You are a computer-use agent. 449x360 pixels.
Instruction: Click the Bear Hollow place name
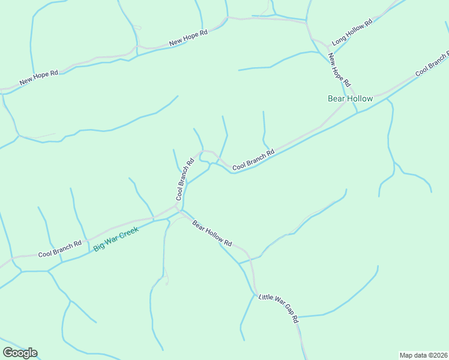pos(350,98)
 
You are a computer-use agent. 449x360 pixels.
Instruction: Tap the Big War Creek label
pos(116,239)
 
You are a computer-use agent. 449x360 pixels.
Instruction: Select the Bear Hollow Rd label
pos(212,233)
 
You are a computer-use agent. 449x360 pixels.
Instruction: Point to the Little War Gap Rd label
pos(279,307)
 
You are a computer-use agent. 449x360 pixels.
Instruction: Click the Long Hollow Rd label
pos(352,31)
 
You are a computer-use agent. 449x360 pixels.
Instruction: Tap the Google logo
pos(20,353)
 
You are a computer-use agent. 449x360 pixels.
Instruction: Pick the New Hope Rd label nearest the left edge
pos(38,77)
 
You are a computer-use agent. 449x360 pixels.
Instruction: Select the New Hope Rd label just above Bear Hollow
pos(339,70)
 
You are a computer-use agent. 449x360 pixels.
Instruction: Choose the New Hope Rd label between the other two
pos(188,38)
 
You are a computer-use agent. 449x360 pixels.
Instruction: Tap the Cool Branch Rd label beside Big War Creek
pos(59,249)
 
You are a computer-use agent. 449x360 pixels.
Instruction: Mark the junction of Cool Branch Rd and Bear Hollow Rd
pos(179,210)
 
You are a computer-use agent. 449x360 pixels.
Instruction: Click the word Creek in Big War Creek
pos(128,233)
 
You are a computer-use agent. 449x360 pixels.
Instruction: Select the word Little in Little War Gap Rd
pos(267,298)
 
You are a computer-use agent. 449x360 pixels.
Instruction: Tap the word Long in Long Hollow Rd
pos(339,40)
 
